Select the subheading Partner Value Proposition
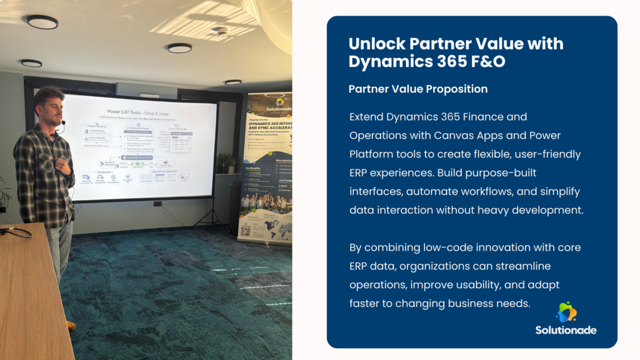(x=417, y=89)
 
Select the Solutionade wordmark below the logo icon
(x=566, y=329)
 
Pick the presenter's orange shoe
(x=70, y=326)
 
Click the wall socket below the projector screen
(x=157, y=204)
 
